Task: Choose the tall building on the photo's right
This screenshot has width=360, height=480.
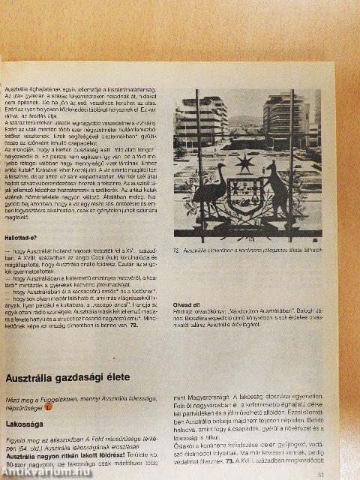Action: click(287, 120)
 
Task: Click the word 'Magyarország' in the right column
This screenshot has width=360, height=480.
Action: click(196, 398)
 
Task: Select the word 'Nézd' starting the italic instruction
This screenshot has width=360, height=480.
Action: click(14, 398)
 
